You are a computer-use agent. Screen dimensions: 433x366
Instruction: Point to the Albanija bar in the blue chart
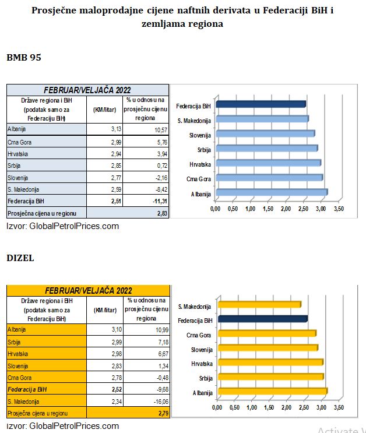coord(272,192)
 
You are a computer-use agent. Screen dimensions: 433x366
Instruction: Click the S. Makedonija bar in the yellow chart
coord(259,304)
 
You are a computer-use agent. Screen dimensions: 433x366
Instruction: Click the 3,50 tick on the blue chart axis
coord(339,209)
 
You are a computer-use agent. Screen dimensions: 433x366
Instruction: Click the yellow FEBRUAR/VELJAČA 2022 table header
coord(88,290)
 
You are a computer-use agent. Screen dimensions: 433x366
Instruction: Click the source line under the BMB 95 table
coord(63,226)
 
